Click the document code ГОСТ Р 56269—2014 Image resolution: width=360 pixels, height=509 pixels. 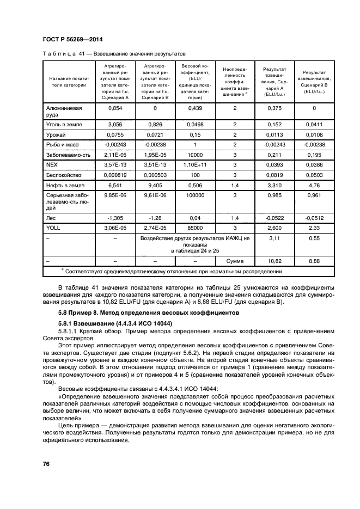coord(72,40)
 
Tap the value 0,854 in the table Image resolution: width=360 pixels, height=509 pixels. coord(115,108)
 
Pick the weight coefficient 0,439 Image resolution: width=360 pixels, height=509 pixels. coord(195,108)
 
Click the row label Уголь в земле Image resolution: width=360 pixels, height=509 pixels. coord(64,125)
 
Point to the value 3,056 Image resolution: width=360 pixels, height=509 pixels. coord(115,125)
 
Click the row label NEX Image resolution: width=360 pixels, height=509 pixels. coord(52,164)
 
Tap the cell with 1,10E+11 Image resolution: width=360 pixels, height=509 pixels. coord(195,164)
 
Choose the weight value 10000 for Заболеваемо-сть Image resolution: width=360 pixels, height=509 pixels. coord(195,154)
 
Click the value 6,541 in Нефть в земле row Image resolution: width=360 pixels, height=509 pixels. coord(115,185)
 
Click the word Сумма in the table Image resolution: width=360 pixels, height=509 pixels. coord(235,261)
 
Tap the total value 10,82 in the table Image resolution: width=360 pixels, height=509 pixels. coord(275,261)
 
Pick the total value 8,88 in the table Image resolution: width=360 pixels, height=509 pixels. coord(314,261)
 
